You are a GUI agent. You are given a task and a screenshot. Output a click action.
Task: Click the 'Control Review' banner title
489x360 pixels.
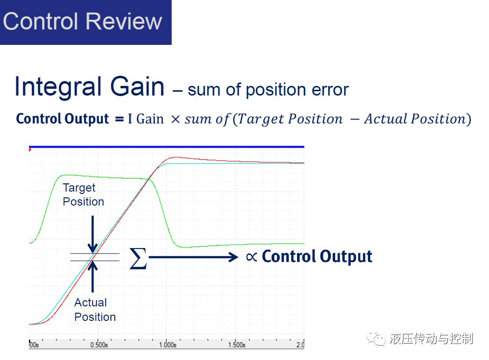click(82, 21)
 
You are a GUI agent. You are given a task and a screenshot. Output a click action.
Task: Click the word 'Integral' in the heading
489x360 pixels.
click(58, 87)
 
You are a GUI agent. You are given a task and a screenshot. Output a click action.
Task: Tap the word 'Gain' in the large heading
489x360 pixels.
click(137, 86)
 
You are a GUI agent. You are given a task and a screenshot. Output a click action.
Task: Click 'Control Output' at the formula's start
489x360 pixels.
click(62, 119)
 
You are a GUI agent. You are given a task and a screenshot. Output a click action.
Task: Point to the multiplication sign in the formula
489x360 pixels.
click(176, 119)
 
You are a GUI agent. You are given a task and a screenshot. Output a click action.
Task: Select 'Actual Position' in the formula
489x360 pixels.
click(415, 119)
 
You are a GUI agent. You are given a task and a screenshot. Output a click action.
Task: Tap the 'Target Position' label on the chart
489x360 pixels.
click(83, 194)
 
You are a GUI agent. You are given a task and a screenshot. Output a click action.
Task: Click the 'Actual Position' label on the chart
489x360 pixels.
click(95, 310)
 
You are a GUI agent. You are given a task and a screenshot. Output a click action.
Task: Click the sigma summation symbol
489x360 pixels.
click(138, 258)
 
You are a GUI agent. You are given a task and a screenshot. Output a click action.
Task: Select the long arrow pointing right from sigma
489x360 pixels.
click(193, 257)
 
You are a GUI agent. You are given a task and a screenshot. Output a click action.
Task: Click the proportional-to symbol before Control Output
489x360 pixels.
click(251, 257)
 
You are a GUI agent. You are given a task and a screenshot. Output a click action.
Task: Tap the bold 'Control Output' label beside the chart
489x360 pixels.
click(317, 256)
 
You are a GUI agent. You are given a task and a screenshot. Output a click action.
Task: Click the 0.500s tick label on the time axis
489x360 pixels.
click(99, 345)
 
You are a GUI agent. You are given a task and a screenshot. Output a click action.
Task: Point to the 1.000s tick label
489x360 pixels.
click(168, 345)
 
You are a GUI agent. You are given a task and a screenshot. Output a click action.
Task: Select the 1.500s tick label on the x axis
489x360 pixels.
click(237, 345)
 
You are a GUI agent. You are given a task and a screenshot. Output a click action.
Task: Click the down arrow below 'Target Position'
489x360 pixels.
click(93, 235)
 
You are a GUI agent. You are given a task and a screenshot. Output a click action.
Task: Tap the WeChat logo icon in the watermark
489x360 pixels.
click(376, 339)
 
